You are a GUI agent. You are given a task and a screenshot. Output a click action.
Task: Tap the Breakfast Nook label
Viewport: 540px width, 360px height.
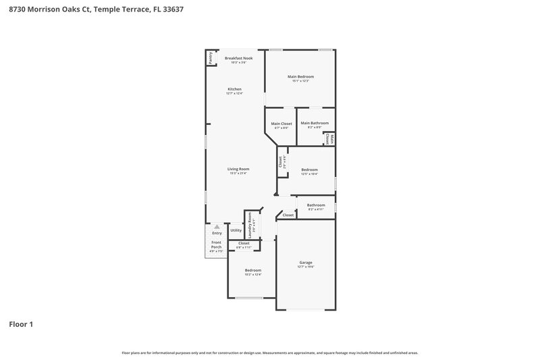pyautogui.click(x=238, y=59)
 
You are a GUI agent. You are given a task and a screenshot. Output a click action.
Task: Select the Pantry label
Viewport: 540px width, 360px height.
pyautogui.click(x=211, y=58)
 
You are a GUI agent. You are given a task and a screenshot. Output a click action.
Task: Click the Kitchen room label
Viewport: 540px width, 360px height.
pyautogui.click(x=234, y=89)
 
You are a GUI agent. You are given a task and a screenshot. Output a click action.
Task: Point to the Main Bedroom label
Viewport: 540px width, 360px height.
pyautogui.click(x=300, y=76)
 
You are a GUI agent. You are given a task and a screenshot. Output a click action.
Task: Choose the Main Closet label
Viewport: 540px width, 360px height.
pyautogui.click(x=281, y=123)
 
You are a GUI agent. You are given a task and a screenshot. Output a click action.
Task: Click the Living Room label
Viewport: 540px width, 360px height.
pyautogui.click(x=238, y=169)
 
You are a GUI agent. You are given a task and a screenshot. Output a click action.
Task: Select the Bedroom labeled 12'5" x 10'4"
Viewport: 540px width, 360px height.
pyautogui.click(x=309, y=170)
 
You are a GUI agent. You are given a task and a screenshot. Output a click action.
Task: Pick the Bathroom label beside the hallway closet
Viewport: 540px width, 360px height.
pyautogui.click(x=316, y=205)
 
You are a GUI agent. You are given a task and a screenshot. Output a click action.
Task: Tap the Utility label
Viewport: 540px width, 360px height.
pyautogui.click(x=236, y=230)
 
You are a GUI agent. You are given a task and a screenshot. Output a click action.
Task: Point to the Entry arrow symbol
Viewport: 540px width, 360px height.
pyautogui.click(x=217, y=227)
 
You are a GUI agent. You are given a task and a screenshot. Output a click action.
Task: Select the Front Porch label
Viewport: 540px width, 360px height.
pyautogui.click(x=216, y=245)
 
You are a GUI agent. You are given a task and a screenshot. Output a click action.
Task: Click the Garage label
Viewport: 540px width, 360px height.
pyautogui.click(x=306, y=262)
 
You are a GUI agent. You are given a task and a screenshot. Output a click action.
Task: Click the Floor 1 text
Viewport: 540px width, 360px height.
pyautogui.click(x=20, y=324)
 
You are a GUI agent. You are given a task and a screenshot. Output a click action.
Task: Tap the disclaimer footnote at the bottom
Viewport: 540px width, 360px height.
pyautogui.click(x=269, y=353)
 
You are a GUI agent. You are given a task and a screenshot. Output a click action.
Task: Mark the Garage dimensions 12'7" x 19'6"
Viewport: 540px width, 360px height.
pyautogui.click(x=306, y=267)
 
